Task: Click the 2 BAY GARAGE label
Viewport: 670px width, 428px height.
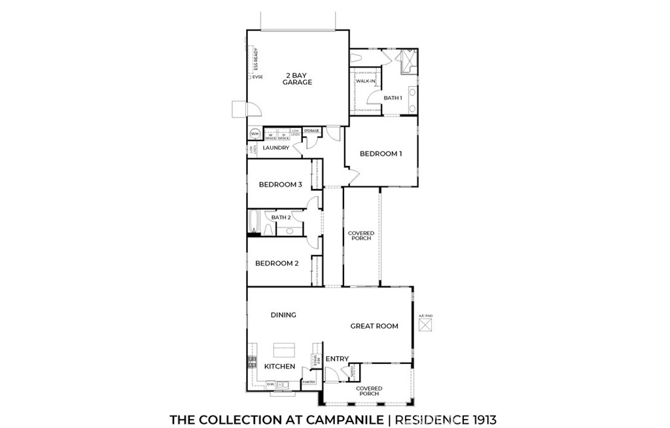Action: pos(297,78)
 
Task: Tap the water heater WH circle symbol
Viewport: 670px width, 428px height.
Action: pos(255,135)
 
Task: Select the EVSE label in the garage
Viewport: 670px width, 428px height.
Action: pos(258,77)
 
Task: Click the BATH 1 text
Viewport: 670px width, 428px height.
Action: pos(393,98)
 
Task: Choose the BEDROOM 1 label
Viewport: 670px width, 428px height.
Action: pos(381,154)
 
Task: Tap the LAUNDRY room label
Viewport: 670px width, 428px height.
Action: pos(276,148)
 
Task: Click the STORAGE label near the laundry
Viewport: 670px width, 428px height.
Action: pos(311,131)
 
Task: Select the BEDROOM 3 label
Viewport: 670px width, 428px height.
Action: pos(280,184)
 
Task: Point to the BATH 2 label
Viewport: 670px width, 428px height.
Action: pos(281,217)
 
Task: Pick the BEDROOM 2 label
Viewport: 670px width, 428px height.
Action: pos(277,263)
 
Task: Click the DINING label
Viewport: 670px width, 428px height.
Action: pos(283,315)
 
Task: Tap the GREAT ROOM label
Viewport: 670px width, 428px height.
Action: pos(374,325)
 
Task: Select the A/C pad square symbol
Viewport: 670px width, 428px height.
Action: pos(426,325)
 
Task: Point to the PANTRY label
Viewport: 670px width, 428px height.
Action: pos(309,382)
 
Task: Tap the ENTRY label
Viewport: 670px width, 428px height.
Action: pos(337,359)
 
